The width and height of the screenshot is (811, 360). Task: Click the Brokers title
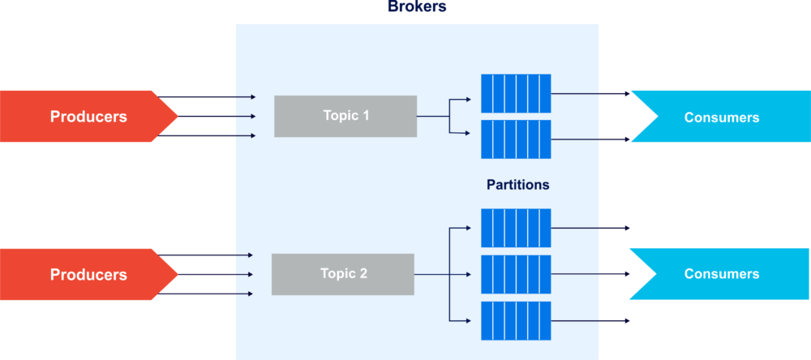click(x=417, y=6)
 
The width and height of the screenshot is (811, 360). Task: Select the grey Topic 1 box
click(x=345, y=116)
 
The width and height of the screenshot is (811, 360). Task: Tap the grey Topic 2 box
click(x=343, y=274)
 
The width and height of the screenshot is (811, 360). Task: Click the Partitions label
click(x=517, y=185)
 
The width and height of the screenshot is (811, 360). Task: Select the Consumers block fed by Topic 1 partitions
click(x=721, y=117)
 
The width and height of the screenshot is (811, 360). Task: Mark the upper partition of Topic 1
click(x=516, y=93)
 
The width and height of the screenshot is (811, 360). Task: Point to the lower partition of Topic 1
click(x=516, y=139)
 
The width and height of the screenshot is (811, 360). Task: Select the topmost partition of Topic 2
click(x=516, y=228)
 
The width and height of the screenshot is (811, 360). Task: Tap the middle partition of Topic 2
click(x=516, y=274)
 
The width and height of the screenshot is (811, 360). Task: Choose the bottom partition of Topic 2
click(x=516, y=321)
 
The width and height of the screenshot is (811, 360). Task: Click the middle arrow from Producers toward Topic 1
click(x=217, y=117)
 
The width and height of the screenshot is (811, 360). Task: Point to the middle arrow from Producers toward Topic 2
click(x=215, y=274)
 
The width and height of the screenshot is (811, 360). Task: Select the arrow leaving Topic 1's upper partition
click(x=590, y=93)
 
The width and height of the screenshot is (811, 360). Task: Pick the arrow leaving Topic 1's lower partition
click(x=590, y=139)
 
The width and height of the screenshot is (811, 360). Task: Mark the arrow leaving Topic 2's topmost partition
click(x=590, y=228)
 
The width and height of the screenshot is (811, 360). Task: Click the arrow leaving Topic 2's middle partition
click(x=590, y=274)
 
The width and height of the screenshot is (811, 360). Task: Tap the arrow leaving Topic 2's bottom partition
click(x=590, y=321)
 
